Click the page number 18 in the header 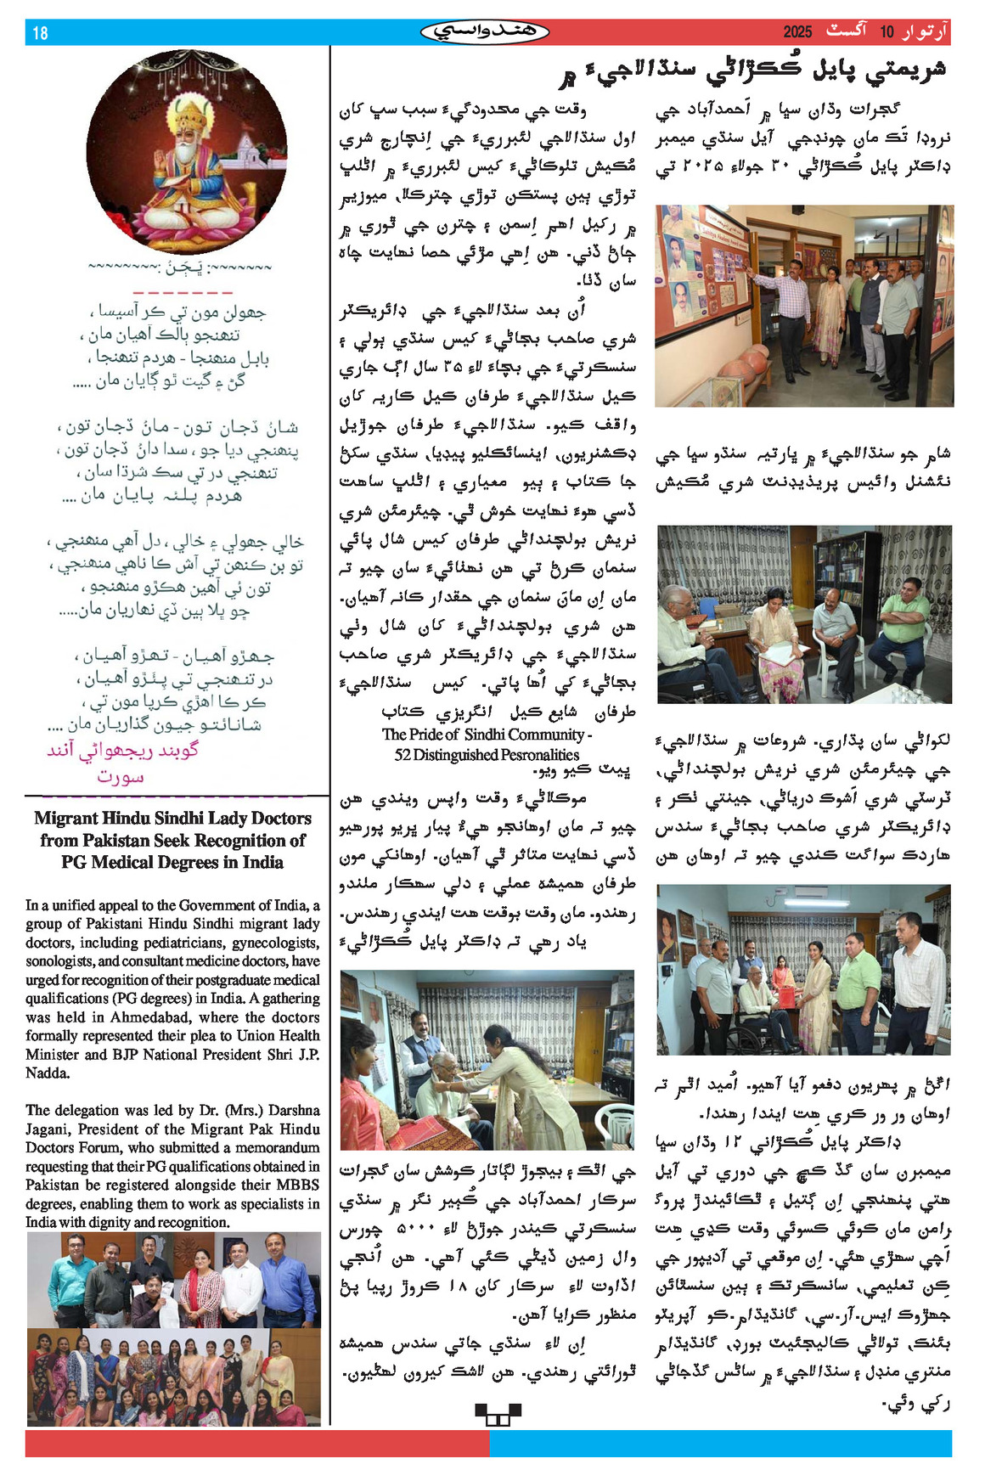pyautogui.click(x=40, y=33)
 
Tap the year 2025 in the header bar pyautogui.click(x=797, y=32)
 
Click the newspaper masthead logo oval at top pyautogui.click(x=485, y=32)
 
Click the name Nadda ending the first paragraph pyautogui.click(x=46, y=1073)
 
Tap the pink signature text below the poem pyautogui.click(x=122, y=762)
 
